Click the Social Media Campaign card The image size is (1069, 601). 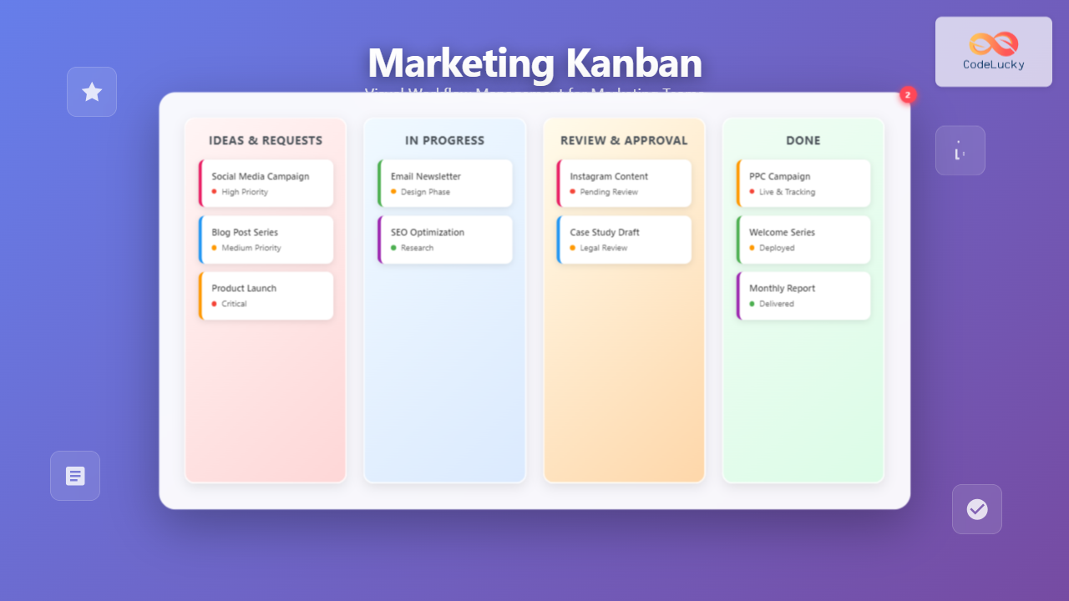coord(266,184)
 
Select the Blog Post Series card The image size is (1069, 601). coord(266,240)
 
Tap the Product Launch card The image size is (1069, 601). coord(266,295)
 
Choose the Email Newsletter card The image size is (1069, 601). coord(445,184)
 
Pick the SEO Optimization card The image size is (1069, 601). coord(445,240)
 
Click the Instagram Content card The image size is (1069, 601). coord(625,184)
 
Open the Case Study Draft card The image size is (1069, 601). coord(625,240)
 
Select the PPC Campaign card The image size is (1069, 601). coord(803,184)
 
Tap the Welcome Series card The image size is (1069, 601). coord(803,240)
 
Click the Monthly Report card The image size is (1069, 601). coord(803,295)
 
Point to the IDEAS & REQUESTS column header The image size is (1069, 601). coord(266,140)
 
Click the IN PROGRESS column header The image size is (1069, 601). coord(444,140)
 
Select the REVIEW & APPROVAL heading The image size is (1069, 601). coord(624,140)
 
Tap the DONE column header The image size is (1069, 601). coord(803,140)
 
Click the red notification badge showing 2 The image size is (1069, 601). coord(908,94)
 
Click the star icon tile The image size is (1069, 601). coord(92,92)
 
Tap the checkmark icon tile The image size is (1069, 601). coord(977,509)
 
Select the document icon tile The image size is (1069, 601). coord(75,476)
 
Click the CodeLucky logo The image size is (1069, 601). coord(993,51)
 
